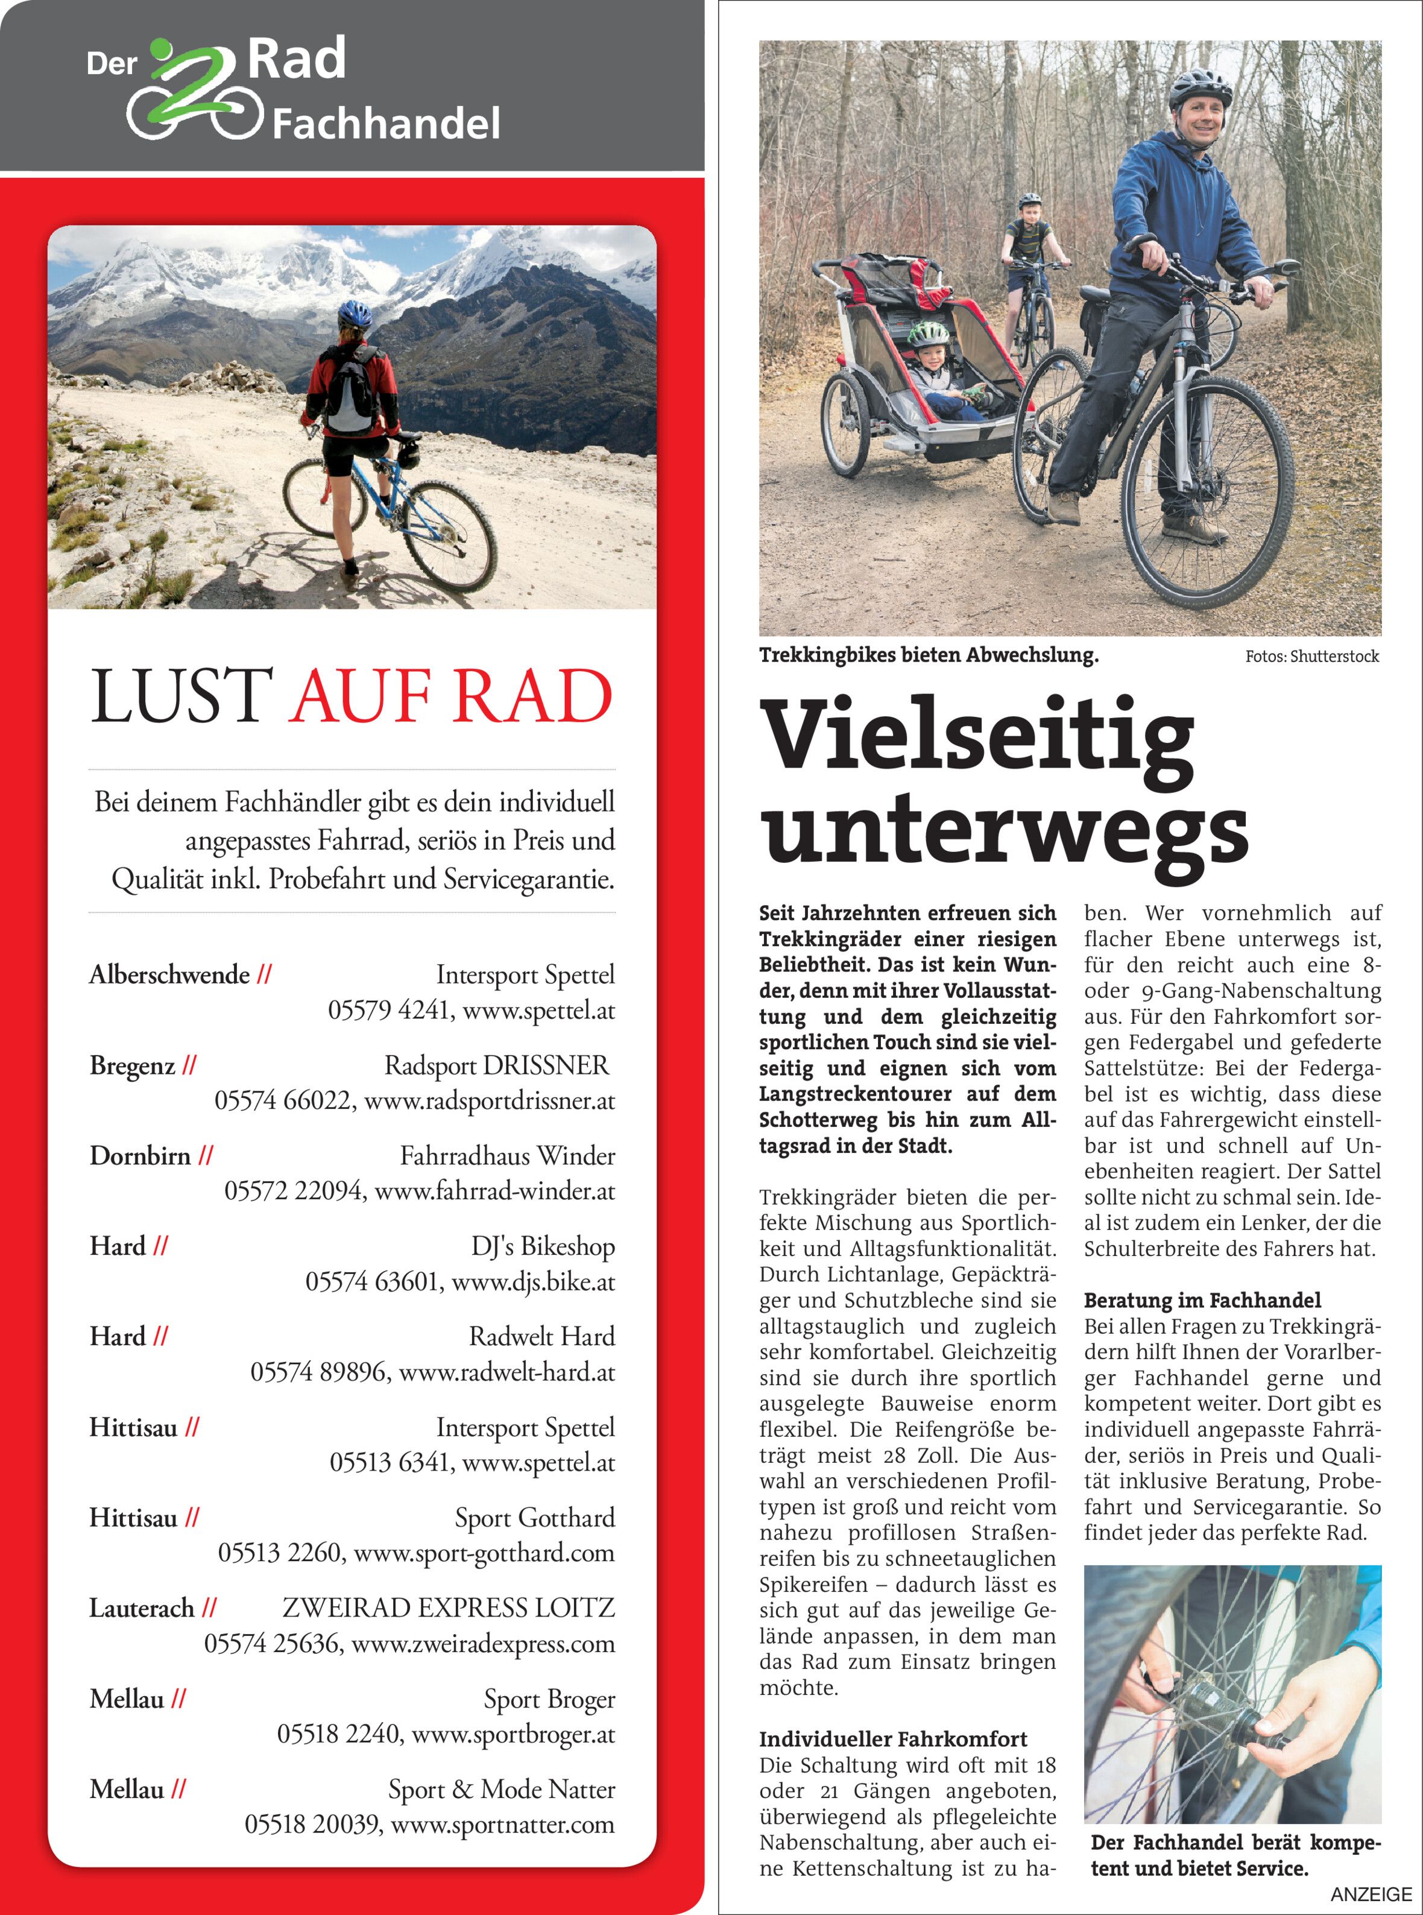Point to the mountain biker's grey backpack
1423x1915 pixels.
pyautogui.click(x=352, y=390)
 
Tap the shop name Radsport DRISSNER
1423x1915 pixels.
pyautogui.click(x=496, y=1065)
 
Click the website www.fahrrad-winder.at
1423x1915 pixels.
pyautogui.click(x=494, y=1191)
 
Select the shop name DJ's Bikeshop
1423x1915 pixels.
pyautogui.click(x=543, y=1246)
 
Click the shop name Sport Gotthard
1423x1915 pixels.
pyautogui.click(x=535, y=1518)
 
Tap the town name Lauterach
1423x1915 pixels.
pyautogui.click(x=142, y=1608)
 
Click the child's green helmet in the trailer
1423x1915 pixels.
pyautogui.click(x=928, y=333)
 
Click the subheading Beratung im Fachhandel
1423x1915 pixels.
pyautogui.click(x=1202, y=1301)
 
